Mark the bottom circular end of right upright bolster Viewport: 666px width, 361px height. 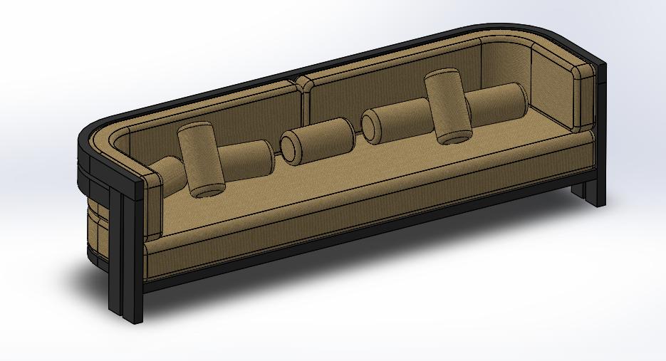[454, 137]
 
